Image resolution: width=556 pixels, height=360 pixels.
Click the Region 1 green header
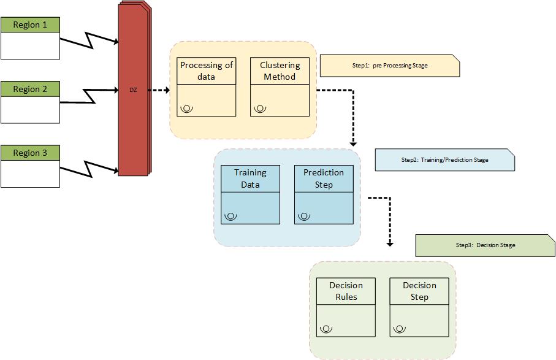[30, 25]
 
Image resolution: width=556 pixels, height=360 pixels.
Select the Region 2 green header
[30, 89]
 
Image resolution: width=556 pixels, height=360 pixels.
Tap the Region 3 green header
[30, 153]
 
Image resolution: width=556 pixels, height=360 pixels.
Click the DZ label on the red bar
[133, 90]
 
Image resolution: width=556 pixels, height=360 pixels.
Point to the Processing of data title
[207, 71]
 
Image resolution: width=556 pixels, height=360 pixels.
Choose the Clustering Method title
[280, 71]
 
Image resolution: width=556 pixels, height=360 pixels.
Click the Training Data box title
[250, 178]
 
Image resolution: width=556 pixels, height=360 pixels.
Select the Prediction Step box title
[324, 178]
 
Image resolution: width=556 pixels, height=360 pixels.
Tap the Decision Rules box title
[346, 291]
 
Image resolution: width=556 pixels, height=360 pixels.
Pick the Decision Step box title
[419, 291]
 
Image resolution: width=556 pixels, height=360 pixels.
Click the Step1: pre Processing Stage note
[390, 66]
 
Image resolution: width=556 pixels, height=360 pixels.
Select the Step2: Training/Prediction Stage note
[445, 160]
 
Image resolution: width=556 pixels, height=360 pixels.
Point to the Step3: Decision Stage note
[486, 245]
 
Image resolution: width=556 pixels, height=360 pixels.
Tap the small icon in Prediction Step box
[304, 216]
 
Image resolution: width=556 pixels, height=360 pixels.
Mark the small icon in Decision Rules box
[326, 329]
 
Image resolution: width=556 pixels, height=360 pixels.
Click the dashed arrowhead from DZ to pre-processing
[167, 90]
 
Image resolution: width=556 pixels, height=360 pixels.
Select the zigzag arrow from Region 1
[89, 40]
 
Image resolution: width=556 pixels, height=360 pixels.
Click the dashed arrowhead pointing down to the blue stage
[353, 144]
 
